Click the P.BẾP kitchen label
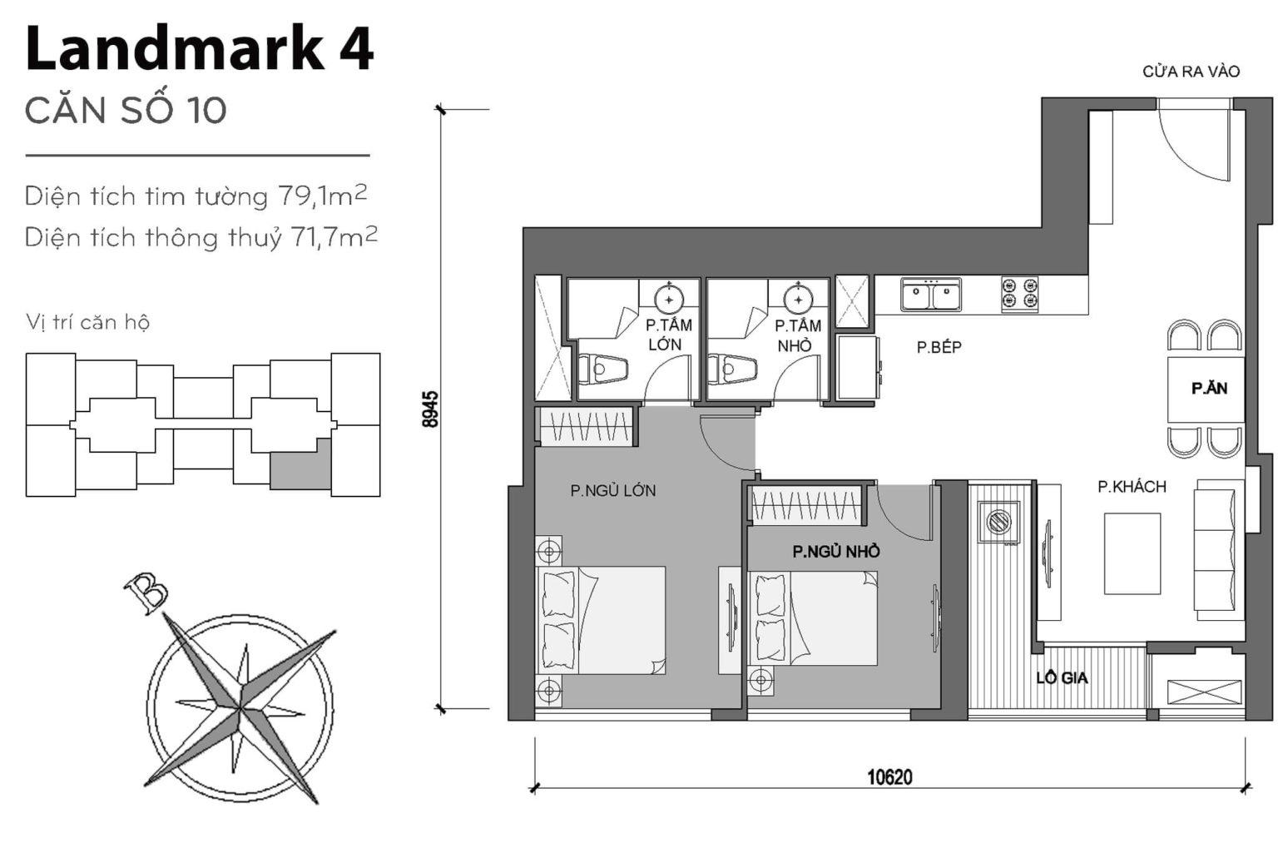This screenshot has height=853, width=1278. pyautogui.click(x=939, y=348)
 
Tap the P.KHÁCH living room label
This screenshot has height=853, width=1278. pyautogui.click(x=1131, y=487)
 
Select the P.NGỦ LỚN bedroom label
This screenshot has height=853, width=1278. pyautogui.click(x=612, y=491)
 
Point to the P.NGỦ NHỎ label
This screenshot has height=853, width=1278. pyautogui.click(x=835, y=552)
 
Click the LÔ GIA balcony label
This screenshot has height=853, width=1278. pyautogui.click(x=1062, y=678)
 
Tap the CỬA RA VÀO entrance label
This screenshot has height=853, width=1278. pyautogui.click(x=1191, y=72)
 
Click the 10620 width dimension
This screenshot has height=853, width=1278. pyautogui.click(x=889, y=777)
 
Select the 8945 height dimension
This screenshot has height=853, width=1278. pyautogui.click(x=430, y=409)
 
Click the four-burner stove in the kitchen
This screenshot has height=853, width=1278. pyautogui.click(x=1019, y=295)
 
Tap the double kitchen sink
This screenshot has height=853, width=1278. pyautogui.click(x=931, y=295)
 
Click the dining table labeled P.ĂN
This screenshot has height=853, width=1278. pyautogui.click(x=1206, y=389)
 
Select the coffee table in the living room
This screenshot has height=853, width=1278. pyautogui.click(x=1132, y=553)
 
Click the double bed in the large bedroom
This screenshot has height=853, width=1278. pyautogui.click(x=601, y=621)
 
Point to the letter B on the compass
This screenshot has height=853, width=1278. pyautogui.click(x=146, y=593)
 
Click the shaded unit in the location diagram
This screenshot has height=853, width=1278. pyautogui.click(x=300, y=468)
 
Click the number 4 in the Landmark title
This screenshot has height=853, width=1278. pyautogui.click(x=356, y=50)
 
